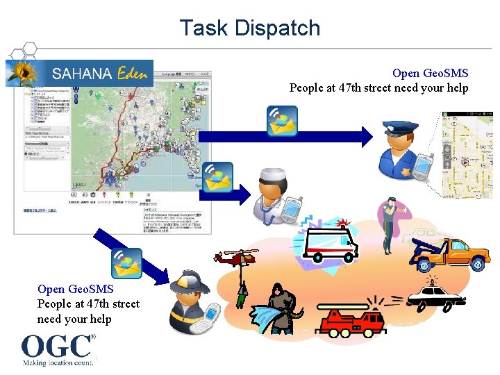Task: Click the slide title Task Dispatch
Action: pyautogui.click(x=250, y=28)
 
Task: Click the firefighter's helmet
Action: pyautogui.click(x=192, y=281)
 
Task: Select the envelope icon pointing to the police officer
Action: pyautogui.click(x=283, y=121)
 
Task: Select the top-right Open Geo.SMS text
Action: pyautogui.click(x=430, y=73)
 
